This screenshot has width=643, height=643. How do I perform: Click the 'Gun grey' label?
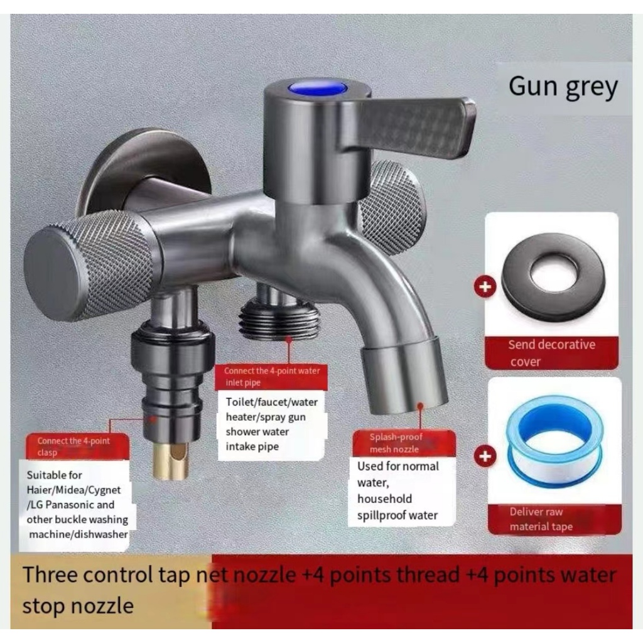tap(563, 87)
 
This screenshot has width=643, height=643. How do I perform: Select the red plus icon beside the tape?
tap(484, 457)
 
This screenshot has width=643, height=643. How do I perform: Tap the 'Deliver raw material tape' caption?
tap(541, 519)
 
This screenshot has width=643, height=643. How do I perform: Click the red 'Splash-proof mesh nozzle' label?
tap(395, 443)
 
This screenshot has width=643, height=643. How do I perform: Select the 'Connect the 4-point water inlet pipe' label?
tap(272, 376)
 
